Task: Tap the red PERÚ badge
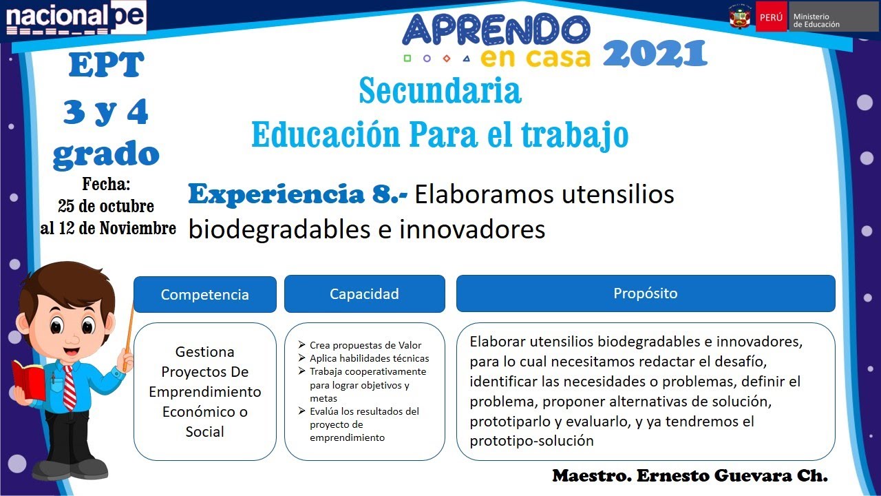(771, 17)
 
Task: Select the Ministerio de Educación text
(816, 20)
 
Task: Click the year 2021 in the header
(655, 54)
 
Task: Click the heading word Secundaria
(440, 92)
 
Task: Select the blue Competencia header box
(204, 294)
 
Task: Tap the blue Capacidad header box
(364, 294)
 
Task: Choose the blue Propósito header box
(645, 293)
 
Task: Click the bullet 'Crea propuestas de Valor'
(365, 345)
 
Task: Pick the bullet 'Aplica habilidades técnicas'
(369, 358)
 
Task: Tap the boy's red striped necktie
(69, 386)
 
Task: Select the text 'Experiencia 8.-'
(297, 195)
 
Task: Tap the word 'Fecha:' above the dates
(106, 185)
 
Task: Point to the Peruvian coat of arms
(740, 17)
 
